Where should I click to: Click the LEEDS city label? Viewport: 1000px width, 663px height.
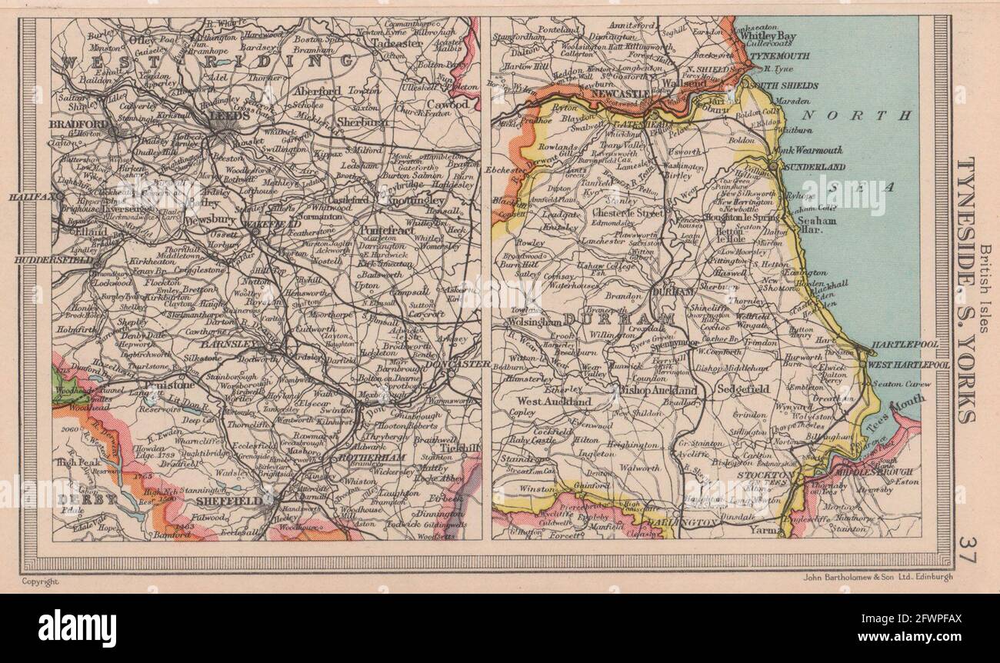pyautogui.click(x=228, y=121)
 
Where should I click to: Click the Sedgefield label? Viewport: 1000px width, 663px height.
pyautogui.click(x=742, y=390)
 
